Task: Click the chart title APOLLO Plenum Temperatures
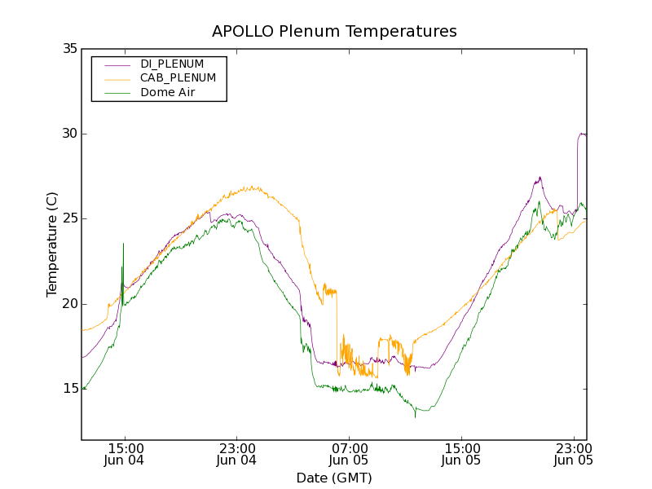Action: [x=334, y=32]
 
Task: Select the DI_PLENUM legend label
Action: [x=172, y=64]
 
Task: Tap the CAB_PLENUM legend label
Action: [x=178, y=78]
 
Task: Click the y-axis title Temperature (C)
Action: [x=52, y=244]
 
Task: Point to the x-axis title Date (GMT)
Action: [x=334, y=478]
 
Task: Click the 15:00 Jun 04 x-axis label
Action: [x=126, y=454]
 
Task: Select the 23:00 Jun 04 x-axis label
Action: [x=237, y=454]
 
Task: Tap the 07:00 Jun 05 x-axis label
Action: [x=350, y=454]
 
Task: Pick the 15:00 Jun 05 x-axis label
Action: [x=461, y=454]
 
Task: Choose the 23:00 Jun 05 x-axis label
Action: [x=573, y=454]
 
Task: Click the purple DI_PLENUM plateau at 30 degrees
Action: [x=582, y=134]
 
